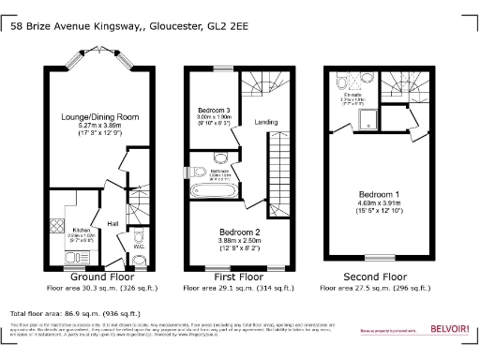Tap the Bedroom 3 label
coord(217,111)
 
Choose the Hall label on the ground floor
coord(112,224)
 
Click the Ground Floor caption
coord(99,277)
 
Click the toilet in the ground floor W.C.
coord(139,260)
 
